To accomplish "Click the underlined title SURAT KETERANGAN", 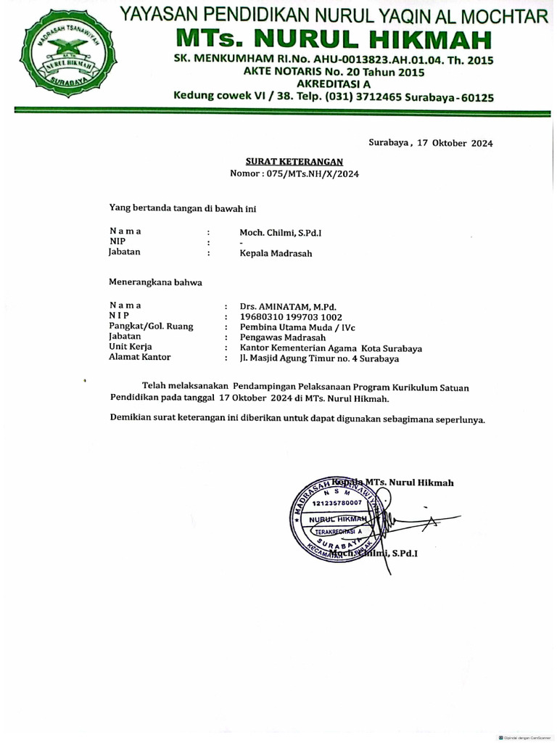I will click(x=294, y=162).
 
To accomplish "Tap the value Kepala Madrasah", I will click(x=276, y=254).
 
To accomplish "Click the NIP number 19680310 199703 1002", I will click(x=291, y=317).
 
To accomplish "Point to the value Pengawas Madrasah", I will click(x=283, y=337).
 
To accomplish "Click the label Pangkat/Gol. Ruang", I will click(x=151, y=327).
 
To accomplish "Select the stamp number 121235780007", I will click(x=337, y=503).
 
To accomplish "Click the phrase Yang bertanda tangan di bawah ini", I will click(x=183, y=208).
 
